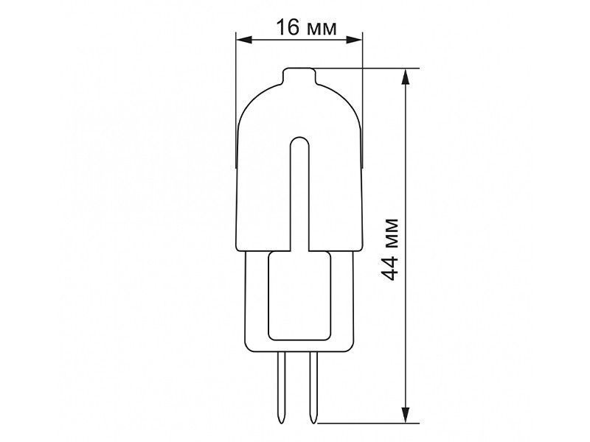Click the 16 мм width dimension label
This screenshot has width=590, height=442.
pos(306,27)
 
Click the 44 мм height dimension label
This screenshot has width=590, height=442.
pos(389,249)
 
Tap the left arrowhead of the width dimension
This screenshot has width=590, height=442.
pos(244,40)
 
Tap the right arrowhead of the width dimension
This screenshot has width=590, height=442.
pos(355,40)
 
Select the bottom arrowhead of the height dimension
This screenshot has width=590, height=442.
pos(405,415)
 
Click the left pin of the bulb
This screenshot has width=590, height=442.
pos(281,388)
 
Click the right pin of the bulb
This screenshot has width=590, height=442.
pos(313,388)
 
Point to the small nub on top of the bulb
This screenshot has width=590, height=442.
pos(299,75)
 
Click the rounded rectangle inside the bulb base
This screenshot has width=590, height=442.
pos(299,296)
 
